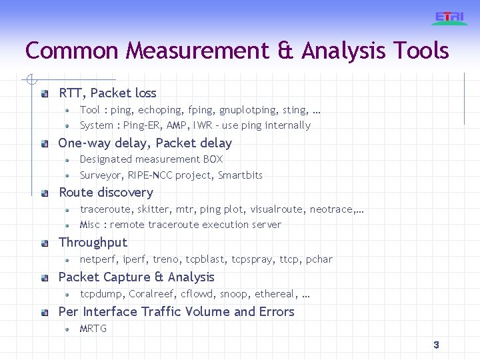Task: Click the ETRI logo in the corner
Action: (449, 18)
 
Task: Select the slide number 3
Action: (436, 345)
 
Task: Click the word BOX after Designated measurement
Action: (213, 159)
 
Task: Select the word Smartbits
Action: (240, 175)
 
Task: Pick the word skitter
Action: (153, 209)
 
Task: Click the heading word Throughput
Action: (93, 243)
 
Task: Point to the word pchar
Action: (319, 259)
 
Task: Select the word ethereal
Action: (273, 294)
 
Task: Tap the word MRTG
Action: (93, 329)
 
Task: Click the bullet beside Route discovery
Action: (45, 193)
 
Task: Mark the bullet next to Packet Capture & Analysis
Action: (45, 278)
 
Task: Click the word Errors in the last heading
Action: (277, 311)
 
